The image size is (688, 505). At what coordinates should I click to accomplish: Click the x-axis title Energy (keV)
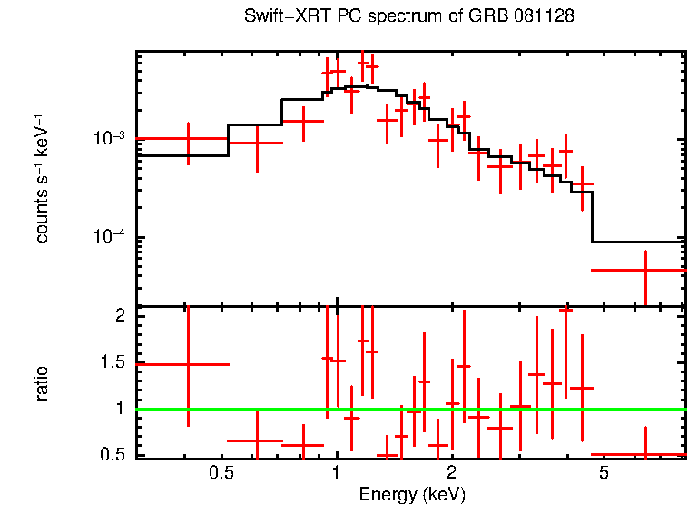[x=411, y=494]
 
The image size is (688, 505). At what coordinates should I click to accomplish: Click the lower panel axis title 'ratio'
[x=42, y=383]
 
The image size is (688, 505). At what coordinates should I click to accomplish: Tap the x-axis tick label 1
[x=337, y=473]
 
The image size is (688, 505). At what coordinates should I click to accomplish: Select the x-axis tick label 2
[x=452, y=473]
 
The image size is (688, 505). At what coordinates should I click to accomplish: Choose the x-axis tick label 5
[x=604, y=473]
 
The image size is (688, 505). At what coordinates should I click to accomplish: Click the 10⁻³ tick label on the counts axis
[x=110, y=139]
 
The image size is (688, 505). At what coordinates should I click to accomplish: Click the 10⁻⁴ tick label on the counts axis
[x=110, y=238]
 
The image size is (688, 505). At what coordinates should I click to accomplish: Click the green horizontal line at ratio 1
[x=408, y=409]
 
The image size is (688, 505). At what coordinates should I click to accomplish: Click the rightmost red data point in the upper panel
[x=645, y=270]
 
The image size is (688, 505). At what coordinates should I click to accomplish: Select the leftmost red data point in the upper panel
[x=188, y=139]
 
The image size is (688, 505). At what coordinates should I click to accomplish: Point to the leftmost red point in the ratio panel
[x=188, y=364]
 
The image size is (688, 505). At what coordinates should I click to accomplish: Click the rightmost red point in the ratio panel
[x=645, y=454]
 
